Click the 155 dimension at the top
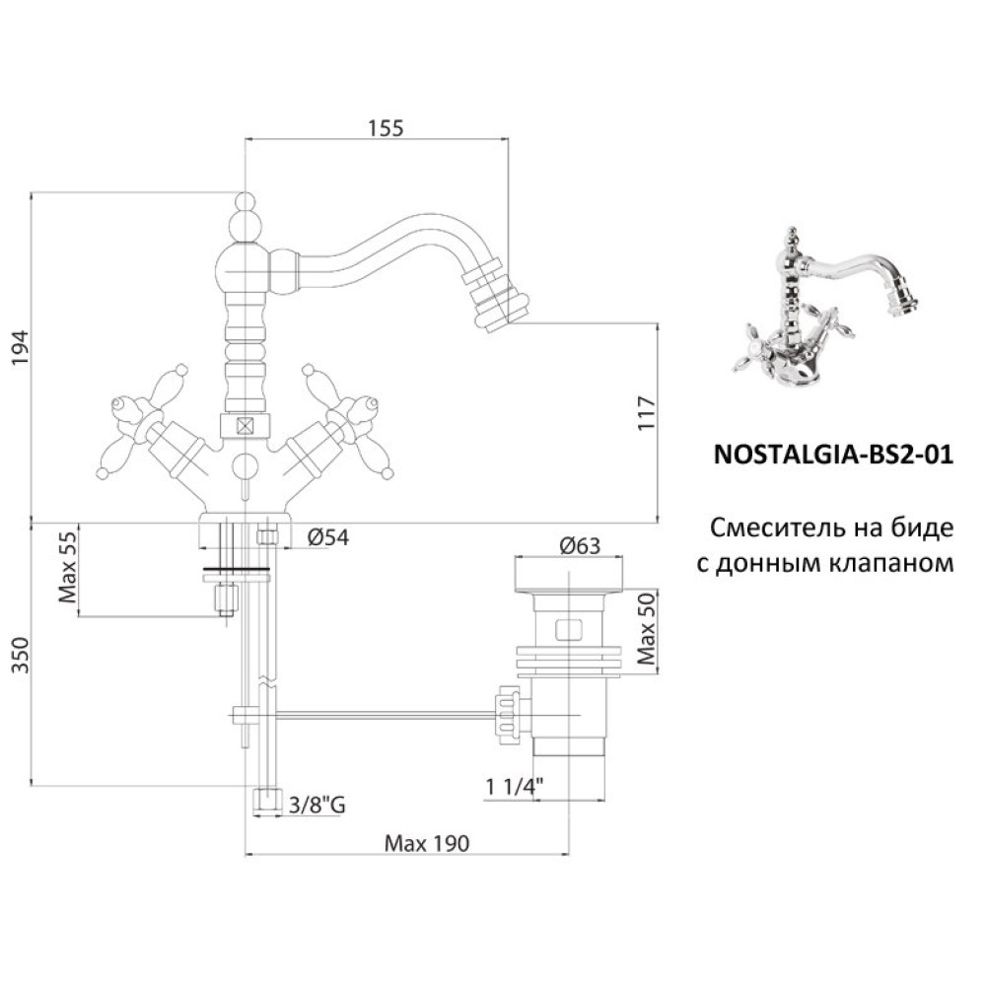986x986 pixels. coord(386,127)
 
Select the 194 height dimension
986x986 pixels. coord(20,348)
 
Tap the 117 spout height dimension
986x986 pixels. coord(646,412)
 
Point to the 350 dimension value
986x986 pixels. coord(20,655)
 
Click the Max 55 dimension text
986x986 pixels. coord(67,567)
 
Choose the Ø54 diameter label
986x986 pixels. coord(327,537)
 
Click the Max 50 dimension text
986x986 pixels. coord(646,629)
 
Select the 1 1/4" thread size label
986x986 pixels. coord(514,787)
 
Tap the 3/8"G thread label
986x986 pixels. coord(317,806)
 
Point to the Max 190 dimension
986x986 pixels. coord(427,843)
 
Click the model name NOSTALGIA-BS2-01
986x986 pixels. coord(833,454)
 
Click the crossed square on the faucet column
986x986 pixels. coord(245,426)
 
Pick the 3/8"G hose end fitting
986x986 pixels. coord(266,802)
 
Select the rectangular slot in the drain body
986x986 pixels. coord(568,630)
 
